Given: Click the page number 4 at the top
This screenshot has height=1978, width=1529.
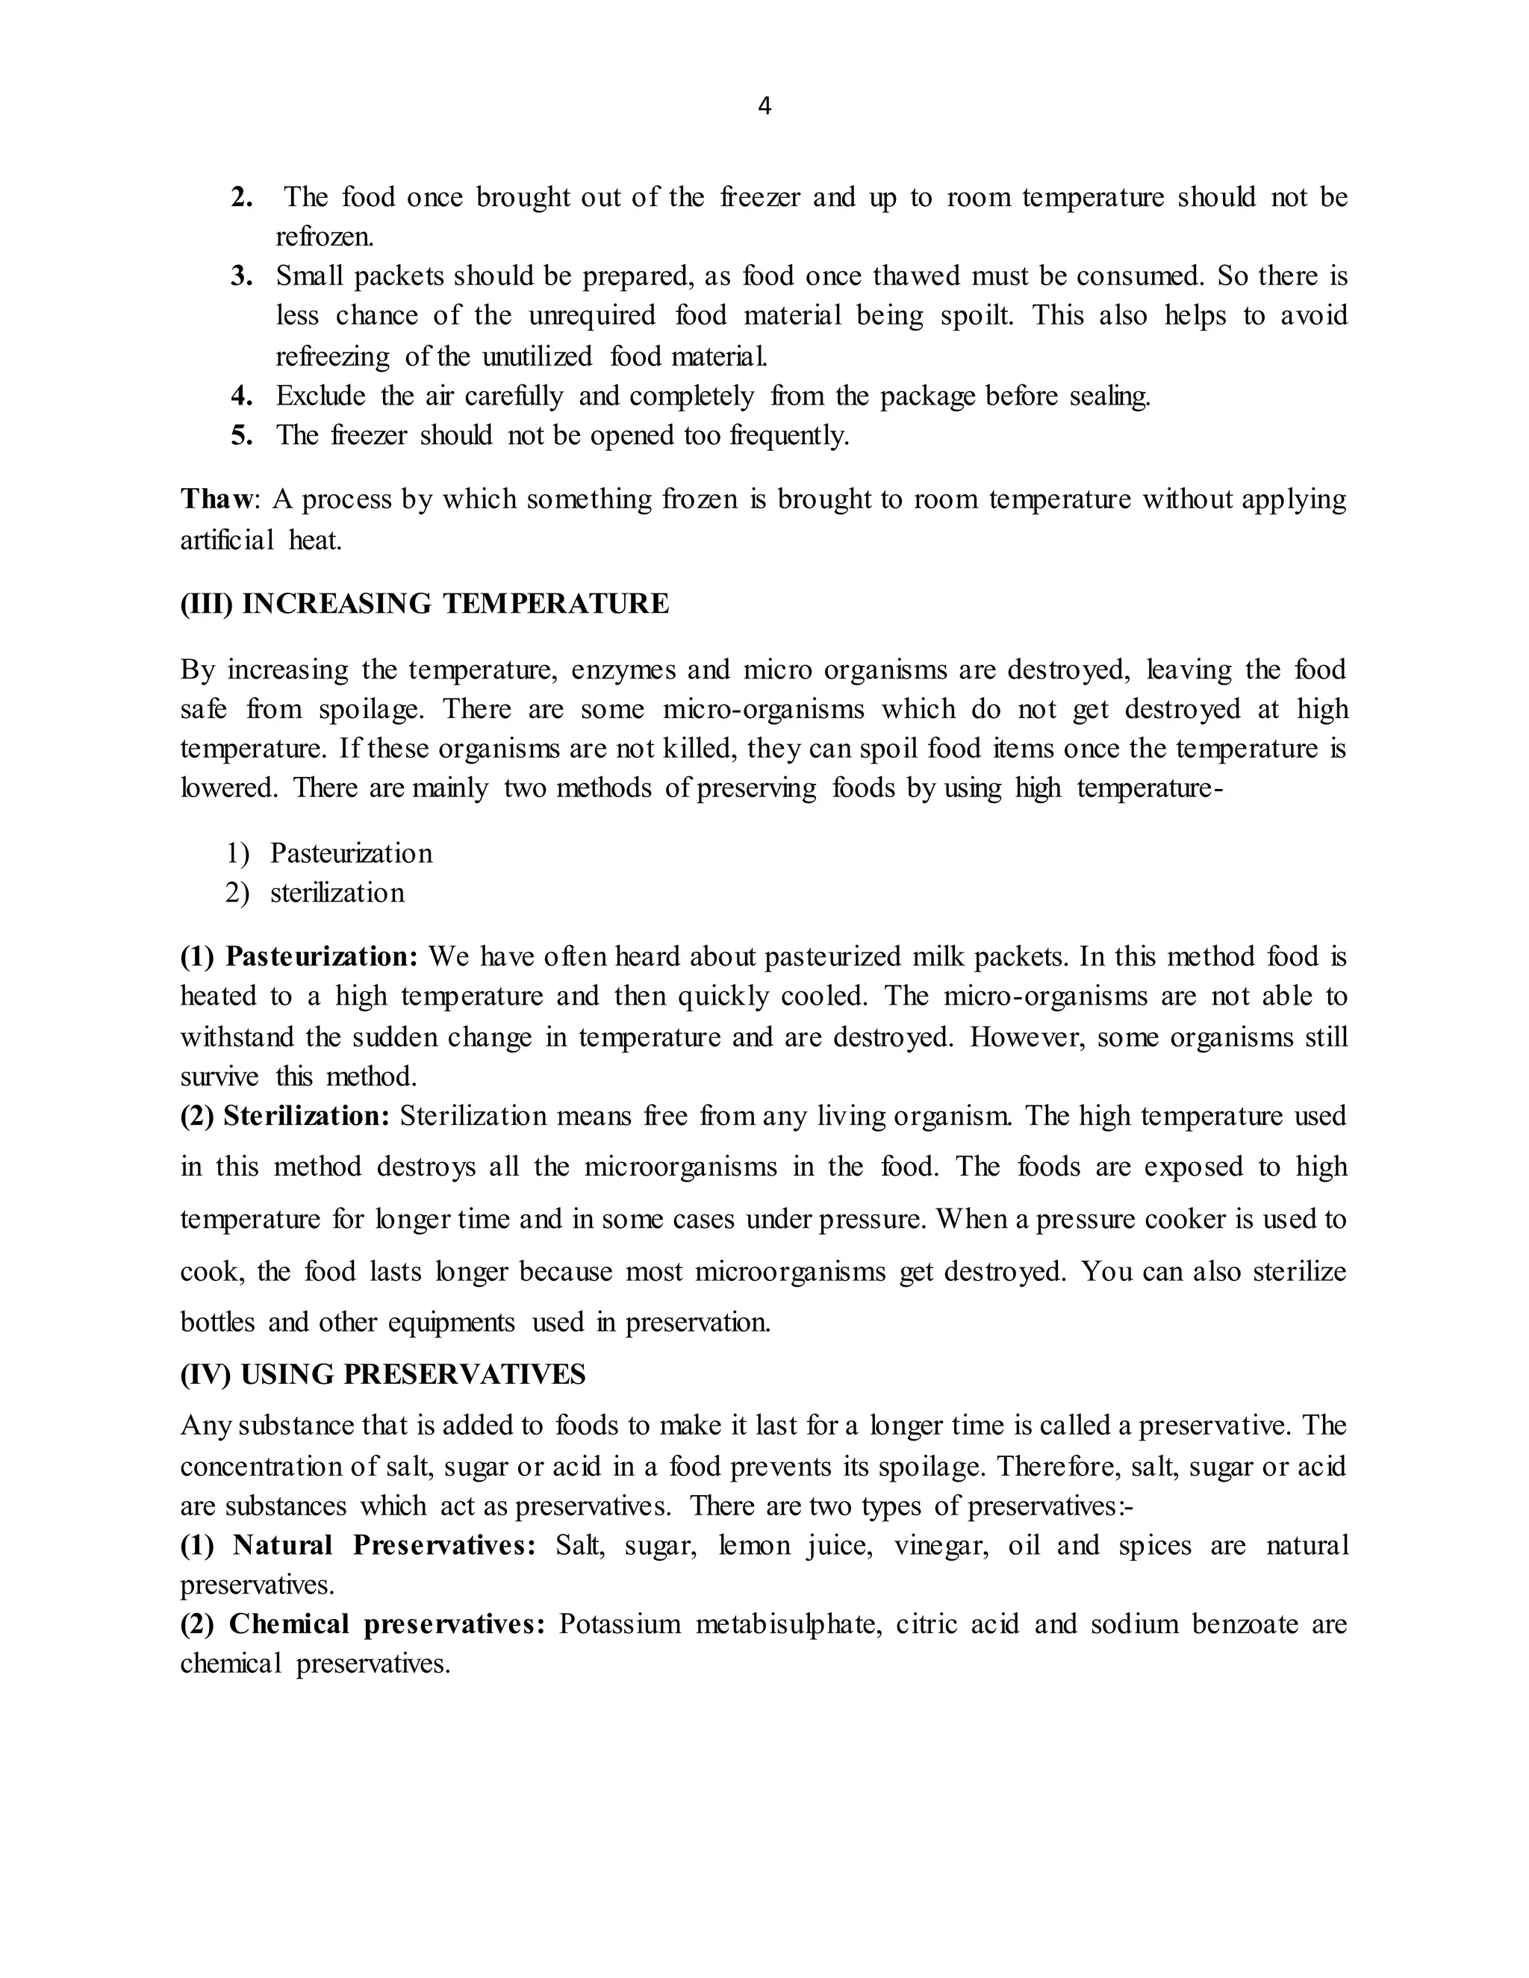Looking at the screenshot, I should pyautogui.click(x=764, y=107).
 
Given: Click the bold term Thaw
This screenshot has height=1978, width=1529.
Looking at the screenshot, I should pyautogui.click(x=218, y=499).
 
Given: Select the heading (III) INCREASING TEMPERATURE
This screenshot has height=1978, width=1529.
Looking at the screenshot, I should pyautogui.click(x=424, y=604).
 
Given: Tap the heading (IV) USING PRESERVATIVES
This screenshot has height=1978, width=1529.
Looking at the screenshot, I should pyautogui.click(x=382, y=1375).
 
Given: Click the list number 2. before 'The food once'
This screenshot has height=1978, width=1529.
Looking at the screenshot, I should pyautogui.click(x=241, y=198).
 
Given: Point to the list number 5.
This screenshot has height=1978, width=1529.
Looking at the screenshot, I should pyautogui.click(x=241, y=436).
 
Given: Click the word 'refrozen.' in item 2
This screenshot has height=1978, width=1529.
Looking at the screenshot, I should pyautogui.click(x=324, y=237).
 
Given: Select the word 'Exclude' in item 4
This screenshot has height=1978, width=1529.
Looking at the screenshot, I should pyautogui.click(x=320, y=396).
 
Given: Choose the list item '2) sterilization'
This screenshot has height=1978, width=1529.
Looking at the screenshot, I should pyautogui.click(x=315, y=893).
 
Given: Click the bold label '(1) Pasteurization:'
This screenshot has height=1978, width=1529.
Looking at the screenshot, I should pyautogui.click(x=299, y=956).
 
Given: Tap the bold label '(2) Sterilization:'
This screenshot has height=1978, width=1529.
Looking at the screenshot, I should pyautogui.click(x=284, y=1116).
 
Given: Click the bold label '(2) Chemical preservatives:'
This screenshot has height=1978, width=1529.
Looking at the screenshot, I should pyautogui.click(x=362, y=1624).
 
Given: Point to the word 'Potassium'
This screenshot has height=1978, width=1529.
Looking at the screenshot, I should pyautogui.click(x=620, y=1624).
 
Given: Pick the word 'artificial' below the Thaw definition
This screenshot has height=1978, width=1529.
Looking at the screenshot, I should pyautogui.click(x=226, y=540).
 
